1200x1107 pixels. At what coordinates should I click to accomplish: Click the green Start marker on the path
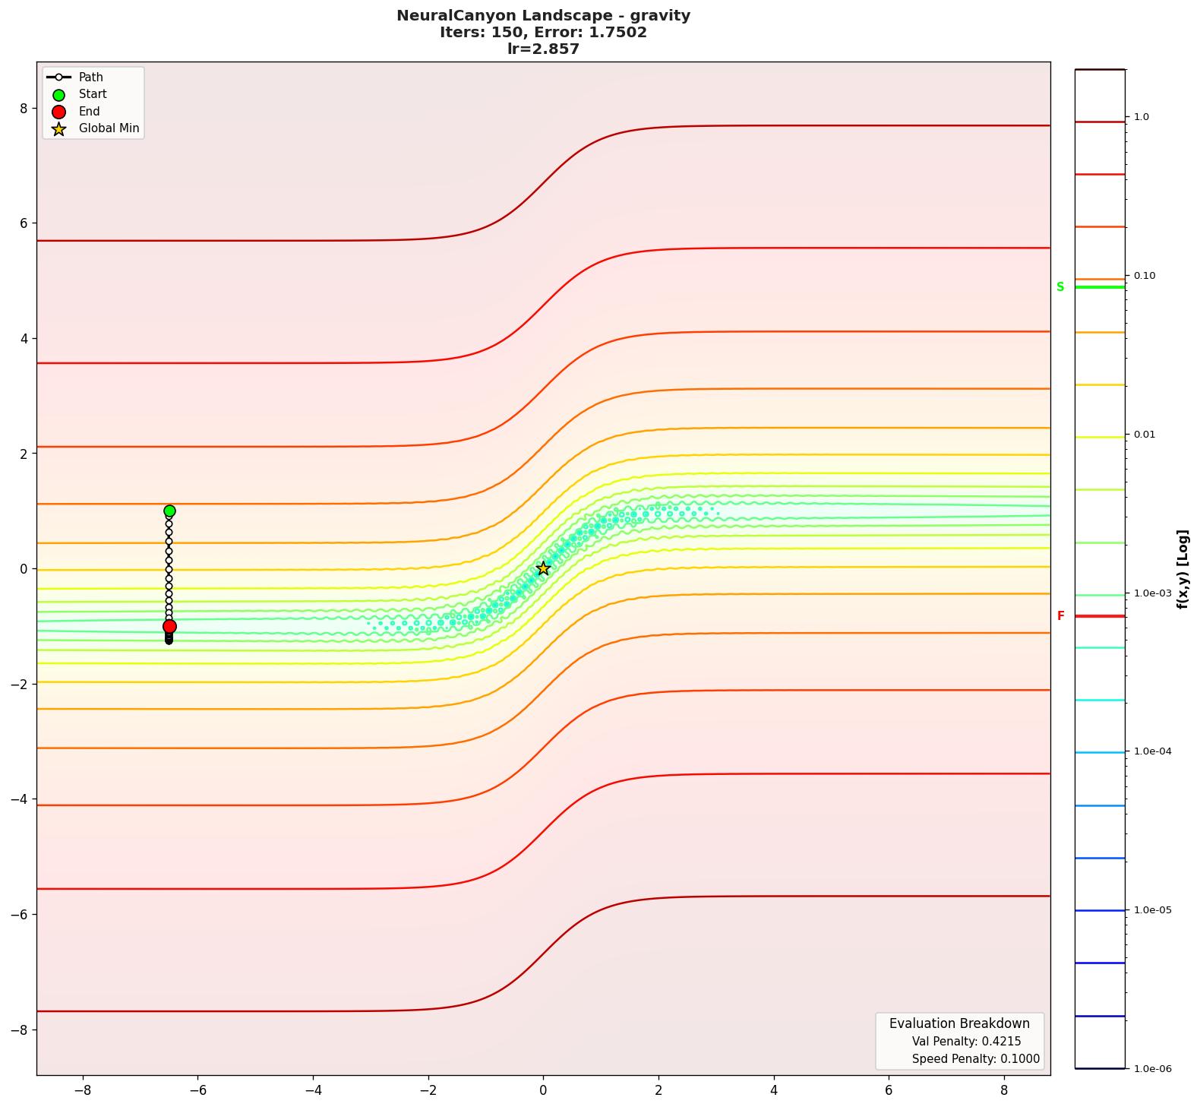pos(169,511)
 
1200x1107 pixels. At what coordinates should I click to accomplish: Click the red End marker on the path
pos(169,627)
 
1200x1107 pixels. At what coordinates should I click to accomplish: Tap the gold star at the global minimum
pos(543,568)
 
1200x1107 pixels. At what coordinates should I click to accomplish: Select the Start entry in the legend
pos(93,94)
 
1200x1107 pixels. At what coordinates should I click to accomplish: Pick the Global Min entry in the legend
pos(109,128)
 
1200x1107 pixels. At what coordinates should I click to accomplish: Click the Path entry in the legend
pos(90,77)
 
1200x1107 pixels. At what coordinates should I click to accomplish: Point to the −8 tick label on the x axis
pos(82,1090)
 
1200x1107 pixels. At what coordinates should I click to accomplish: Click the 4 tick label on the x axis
pos(774,1090)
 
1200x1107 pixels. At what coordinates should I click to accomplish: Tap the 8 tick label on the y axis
pos(24,109)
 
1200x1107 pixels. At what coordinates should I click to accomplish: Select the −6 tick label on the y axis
pos(19,915)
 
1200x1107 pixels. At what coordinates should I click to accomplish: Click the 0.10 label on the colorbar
pos(1145,276)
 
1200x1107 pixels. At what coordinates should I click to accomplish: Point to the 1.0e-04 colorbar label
pos(1152,752)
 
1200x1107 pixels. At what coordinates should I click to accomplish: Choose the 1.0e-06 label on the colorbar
pos(1152,1069)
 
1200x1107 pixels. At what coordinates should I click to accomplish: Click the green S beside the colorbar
pos(1060,287)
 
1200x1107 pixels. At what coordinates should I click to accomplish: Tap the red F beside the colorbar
pos(1060,616)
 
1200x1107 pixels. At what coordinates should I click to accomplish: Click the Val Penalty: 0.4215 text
pos(966,1042)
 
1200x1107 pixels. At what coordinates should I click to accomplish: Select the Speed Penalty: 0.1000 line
pos(975,1059)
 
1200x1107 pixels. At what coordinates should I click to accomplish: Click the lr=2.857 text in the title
pos(543,49)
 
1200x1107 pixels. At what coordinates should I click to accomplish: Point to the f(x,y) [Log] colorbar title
pos(1183,569)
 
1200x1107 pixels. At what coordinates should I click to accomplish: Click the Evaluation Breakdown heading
pos(959,1023)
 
